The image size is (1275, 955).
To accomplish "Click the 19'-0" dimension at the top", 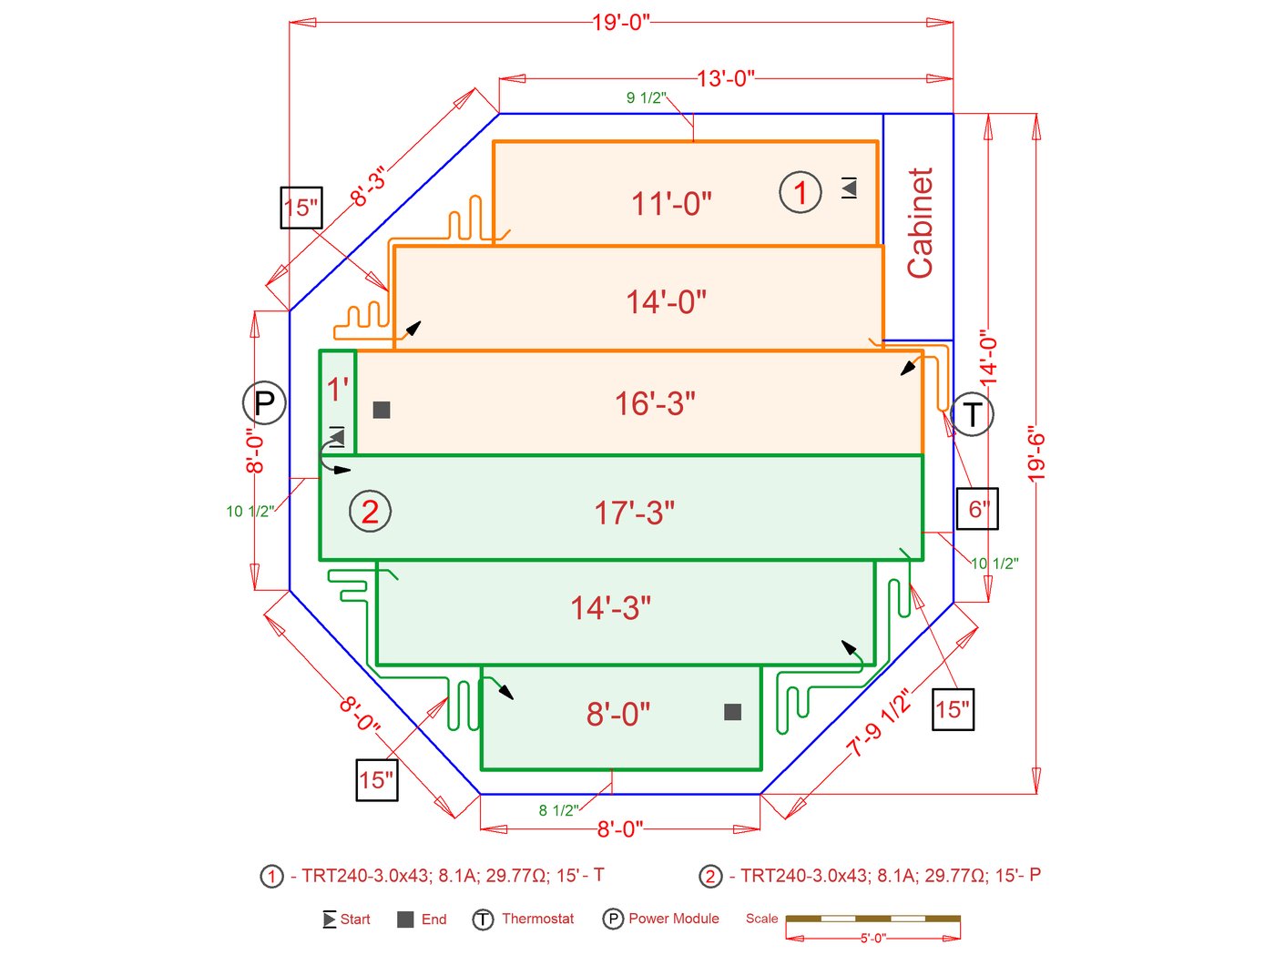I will click(621, 22).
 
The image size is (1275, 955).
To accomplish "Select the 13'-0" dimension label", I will click(726, 78).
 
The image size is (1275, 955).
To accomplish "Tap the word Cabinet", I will click(920, 223).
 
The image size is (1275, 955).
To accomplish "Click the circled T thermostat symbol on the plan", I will click(972, 414).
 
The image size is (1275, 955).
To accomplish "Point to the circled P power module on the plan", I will click(264, 402).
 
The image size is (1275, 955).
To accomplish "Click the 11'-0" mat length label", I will click(671, 203).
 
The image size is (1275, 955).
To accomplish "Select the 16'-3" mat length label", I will click(655, 403).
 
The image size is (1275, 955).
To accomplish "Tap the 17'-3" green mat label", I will click(635, 513).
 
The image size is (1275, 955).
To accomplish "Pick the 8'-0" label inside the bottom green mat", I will click(618, 715).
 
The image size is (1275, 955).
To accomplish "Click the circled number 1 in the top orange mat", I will click(801, 192).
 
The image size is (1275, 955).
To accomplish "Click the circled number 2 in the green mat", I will click(370, 512).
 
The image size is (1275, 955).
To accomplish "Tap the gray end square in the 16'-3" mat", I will click(382, 410).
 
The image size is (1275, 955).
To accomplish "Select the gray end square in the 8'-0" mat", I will click(732, 712).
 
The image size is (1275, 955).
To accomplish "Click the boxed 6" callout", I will click(977, 509).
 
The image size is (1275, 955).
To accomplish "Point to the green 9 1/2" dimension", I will click(646, 97).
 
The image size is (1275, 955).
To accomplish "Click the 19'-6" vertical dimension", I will click(1036, 453).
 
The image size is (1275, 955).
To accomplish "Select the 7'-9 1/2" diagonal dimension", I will click(879, 724).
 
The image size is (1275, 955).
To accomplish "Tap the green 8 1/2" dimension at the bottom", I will click(557, 810).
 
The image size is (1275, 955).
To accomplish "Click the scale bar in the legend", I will click(872, 919).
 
